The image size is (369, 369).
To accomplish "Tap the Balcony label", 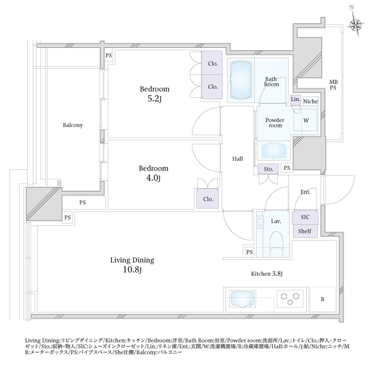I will pyautogui.click(x=73, y=125).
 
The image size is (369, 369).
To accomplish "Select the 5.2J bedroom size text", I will pyautogui.click(x=153, y=100).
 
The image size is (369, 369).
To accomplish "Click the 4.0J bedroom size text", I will pyautogui.click(x=153, y=179).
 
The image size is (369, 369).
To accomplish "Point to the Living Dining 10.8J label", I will pyautogui.click(x=133, y=265).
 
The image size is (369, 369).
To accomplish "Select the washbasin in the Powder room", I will pyautogui.click(x=273, y=151).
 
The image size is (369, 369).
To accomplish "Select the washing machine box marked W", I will pyautogui.click(x=306, y=121).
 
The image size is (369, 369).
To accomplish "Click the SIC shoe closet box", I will pyautogui.click(x=304, y=218).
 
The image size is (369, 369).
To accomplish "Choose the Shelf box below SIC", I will pyautogui.click(x=304, y=231).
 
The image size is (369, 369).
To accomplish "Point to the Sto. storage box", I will pyautogui.click(x=268, y=168).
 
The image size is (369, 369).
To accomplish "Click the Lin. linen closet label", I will pyautogui.click(x=295, y=100).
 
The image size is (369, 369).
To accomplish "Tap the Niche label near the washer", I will pyautogui.click(x=310, y=100).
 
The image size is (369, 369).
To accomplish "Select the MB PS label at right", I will pyautogui.click(x=333, y=84).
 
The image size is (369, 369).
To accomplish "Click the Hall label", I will pyautogui.click(x=238, y=159).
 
